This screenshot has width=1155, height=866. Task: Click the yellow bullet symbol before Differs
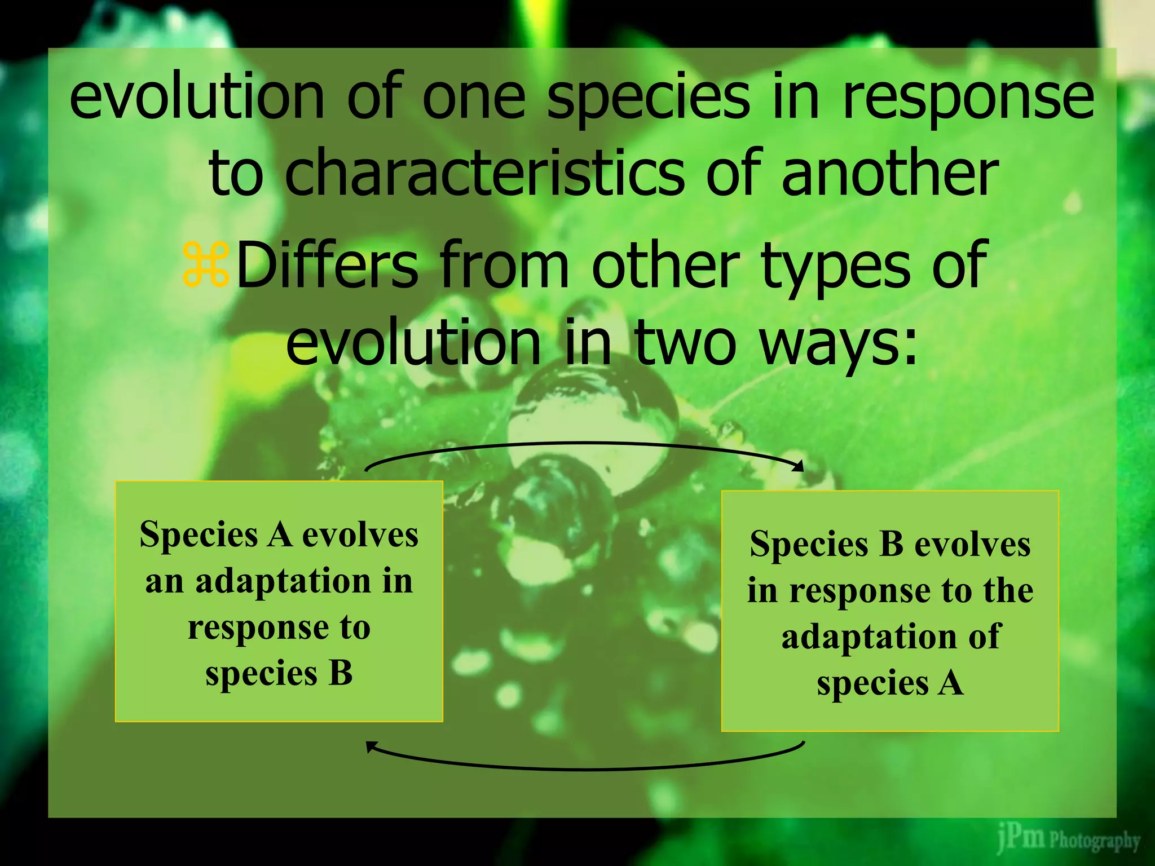click(x=206, y=264)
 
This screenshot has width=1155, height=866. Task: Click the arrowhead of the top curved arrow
click(x=799, y=466)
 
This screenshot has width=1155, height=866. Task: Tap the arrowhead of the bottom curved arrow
click(x=371, y=747)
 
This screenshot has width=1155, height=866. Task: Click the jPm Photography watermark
click(x=1068, y=840)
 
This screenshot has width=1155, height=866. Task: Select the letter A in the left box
click(x=280, y=534)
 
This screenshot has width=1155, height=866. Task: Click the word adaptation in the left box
click(x=283, y=581)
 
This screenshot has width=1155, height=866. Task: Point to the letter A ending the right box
click(x=951, y=683)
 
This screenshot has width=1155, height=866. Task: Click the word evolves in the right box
click(x=972, y=545)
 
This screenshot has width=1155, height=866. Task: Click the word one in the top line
click(x=473, y=99)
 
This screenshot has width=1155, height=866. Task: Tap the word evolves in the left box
click(x=360, y=534)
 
